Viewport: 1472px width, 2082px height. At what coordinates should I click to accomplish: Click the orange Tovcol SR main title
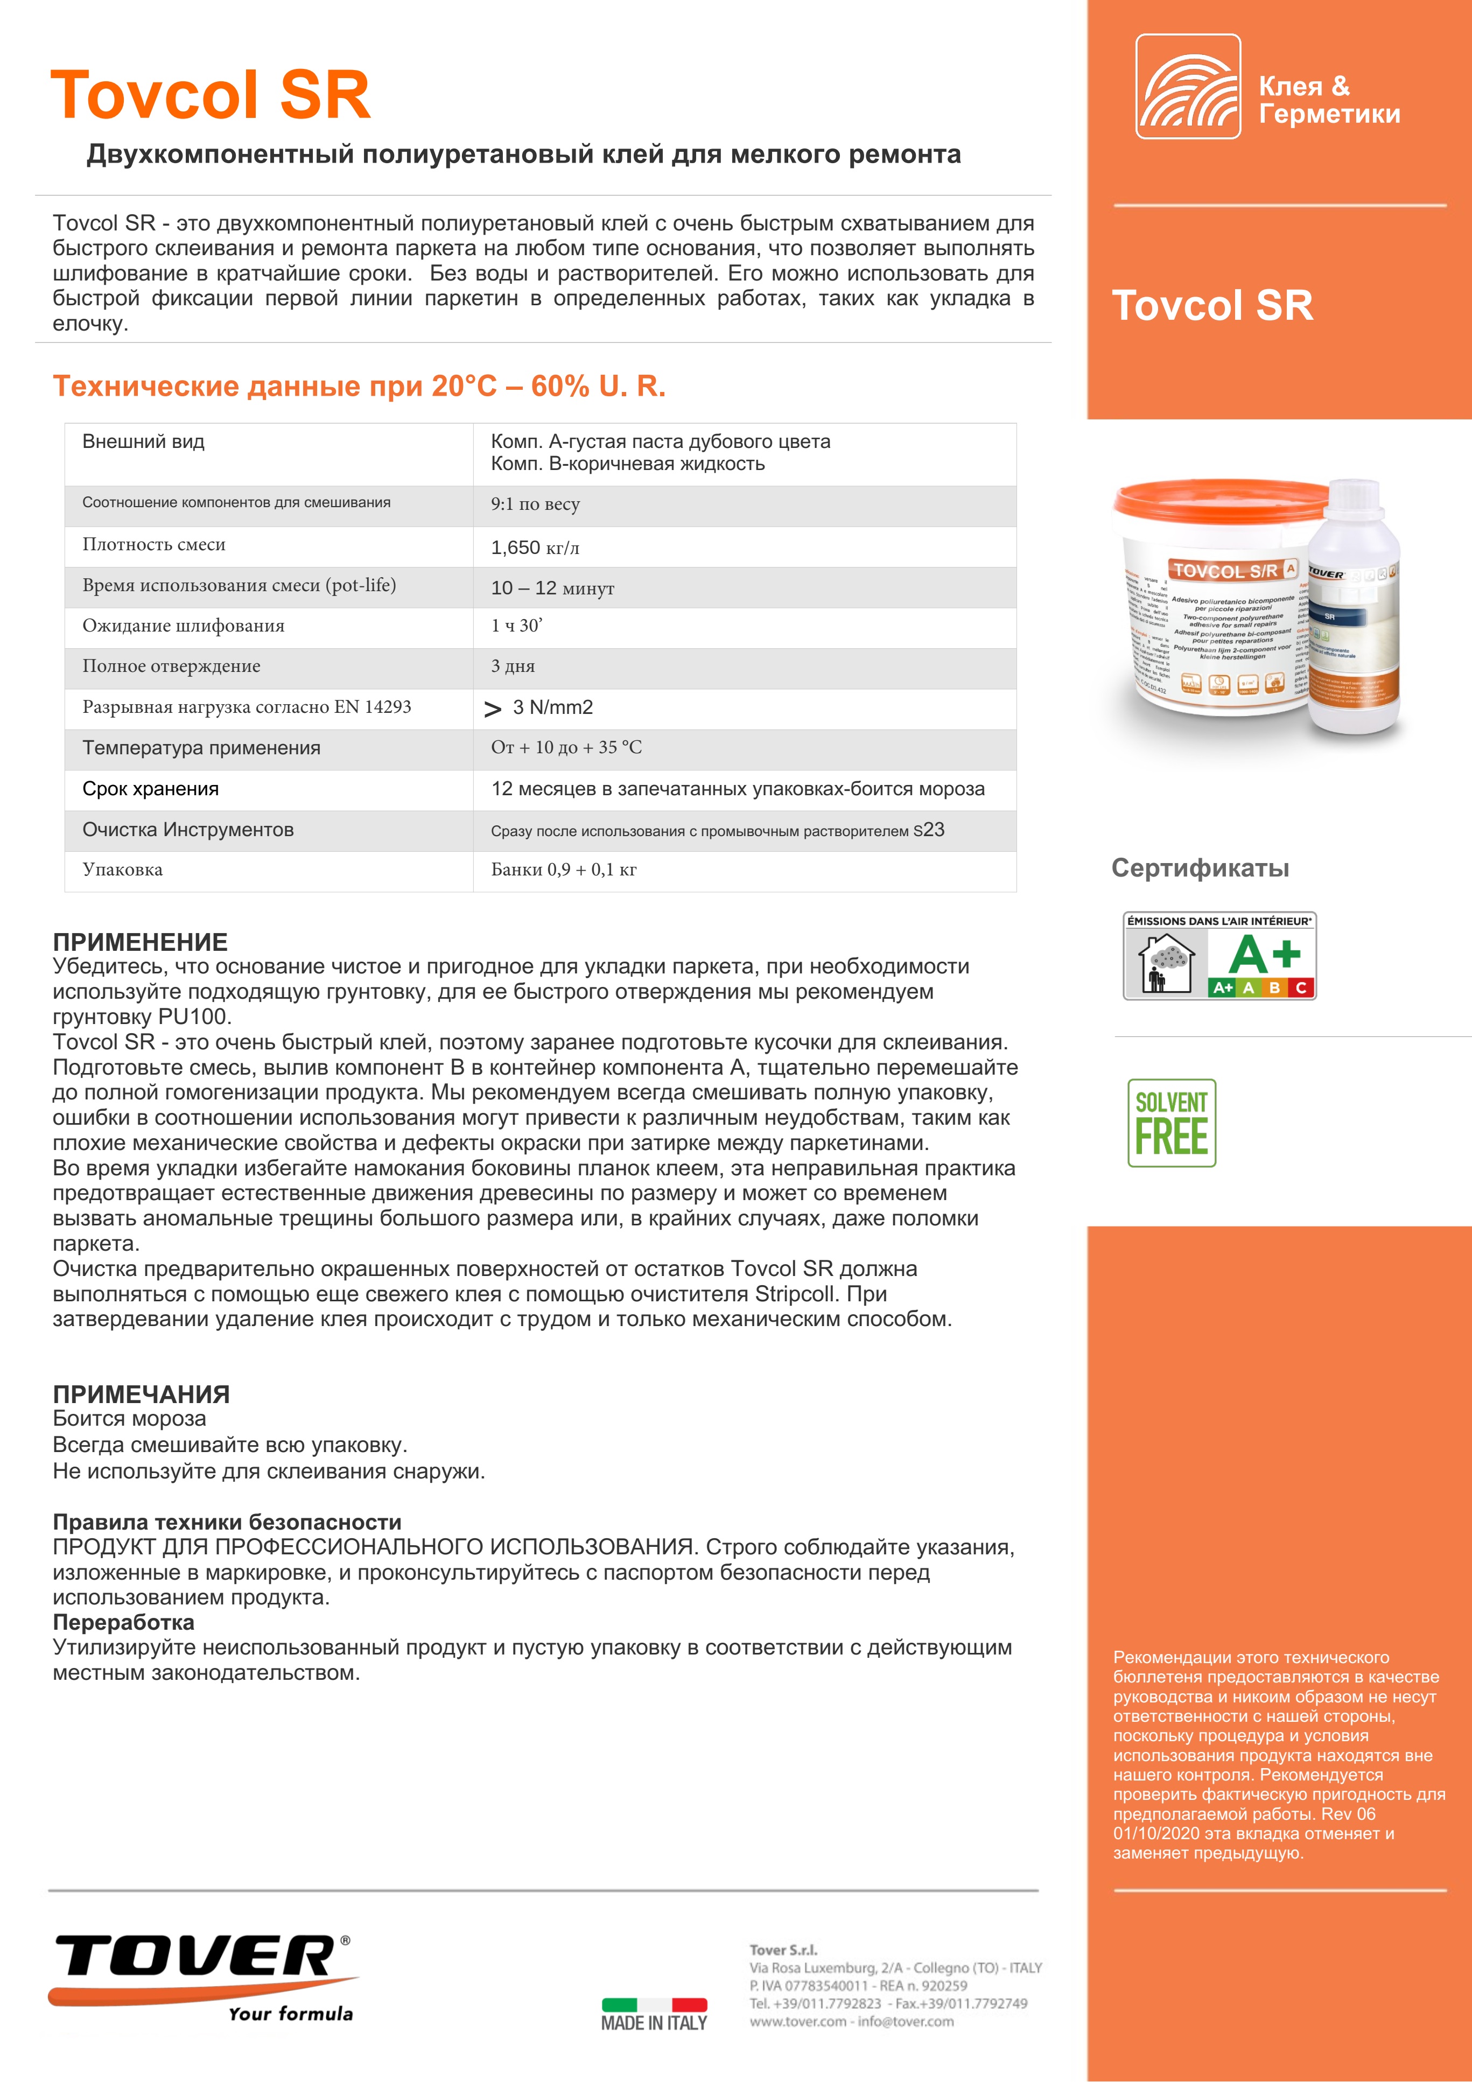point(211,95)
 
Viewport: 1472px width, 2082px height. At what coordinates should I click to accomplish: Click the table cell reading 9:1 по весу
point(535,505)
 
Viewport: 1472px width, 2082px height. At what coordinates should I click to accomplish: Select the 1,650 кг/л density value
point(535,548)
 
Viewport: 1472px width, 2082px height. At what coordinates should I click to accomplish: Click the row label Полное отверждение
point(171,667)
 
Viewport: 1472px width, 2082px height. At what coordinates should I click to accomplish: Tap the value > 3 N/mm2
point(539,708)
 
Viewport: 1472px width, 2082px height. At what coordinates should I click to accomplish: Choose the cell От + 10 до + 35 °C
point(566,748)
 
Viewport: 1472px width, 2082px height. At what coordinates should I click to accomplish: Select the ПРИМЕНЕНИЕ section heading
point(141,942)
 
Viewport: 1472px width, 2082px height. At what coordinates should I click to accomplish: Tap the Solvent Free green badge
point(1171,1123)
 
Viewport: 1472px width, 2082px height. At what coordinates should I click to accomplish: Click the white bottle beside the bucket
point(1355,607)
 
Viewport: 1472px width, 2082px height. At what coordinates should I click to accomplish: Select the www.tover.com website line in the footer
point(851,2021)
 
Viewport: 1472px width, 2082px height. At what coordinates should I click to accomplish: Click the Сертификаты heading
point(1200,868)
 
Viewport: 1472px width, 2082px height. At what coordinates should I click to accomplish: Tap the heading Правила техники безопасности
point(227,1523)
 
